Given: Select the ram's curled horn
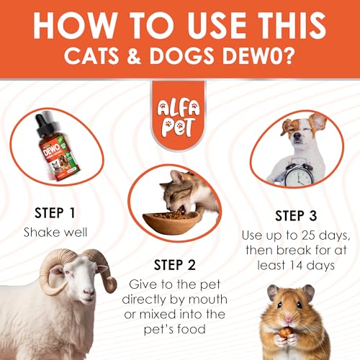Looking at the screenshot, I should pos(61,271).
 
